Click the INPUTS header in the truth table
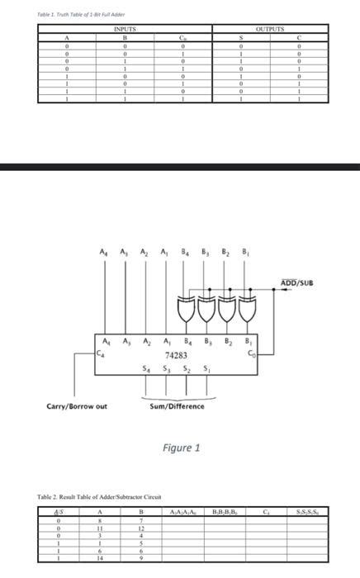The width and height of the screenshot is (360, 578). point(123,29)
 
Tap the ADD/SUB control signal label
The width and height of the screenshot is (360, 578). point(298,284)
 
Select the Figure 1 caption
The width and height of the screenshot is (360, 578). point(181,448)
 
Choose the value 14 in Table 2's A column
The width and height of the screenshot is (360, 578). point(100,558)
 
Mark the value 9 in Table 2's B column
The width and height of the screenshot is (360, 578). point(142,558)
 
